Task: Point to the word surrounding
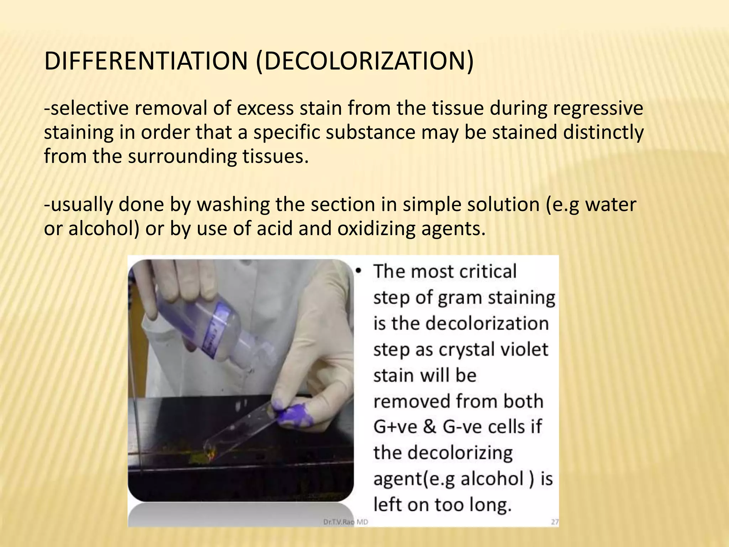pyautogui.click(x=182, y=157)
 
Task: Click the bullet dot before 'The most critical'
pyautogui.click(x=359, y=272)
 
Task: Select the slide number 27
pyautogui.click(x=555, y=522)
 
